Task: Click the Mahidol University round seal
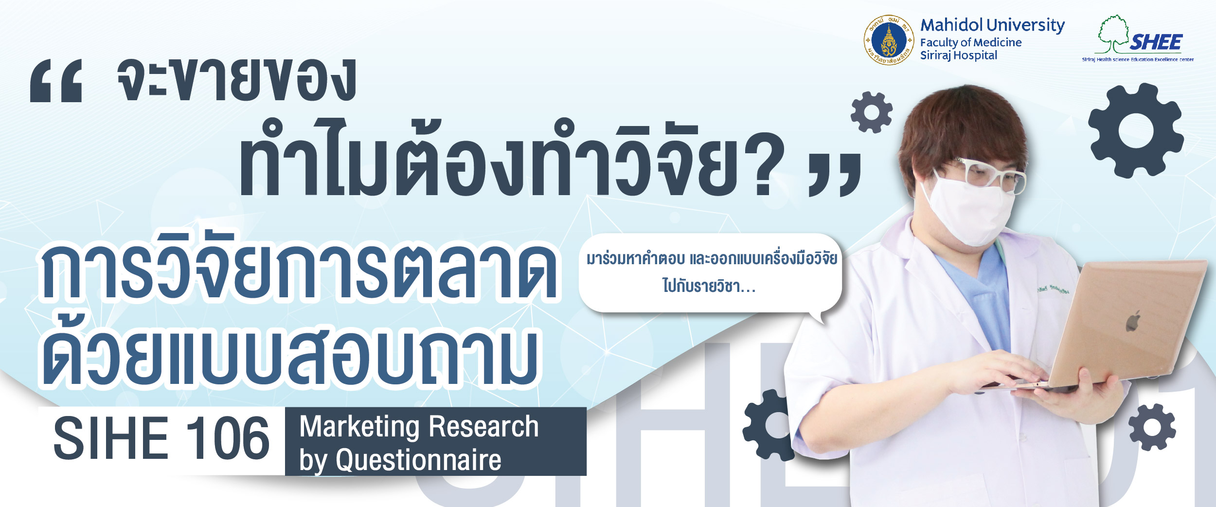tap(888, 40)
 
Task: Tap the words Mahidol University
tap(992, 25)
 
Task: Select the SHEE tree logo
tap(1138, 38)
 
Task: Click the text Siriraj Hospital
tap(958, 56)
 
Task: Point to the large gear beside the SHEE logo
tap(1136, 130)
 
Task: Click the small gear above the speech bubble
tap(872, 112)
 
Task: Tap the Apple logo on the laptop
tap(1133, 323)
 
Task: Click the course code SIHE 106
tap(161, 438)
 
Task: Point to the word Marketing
tap(359, 427)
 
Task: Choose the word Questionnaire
tap(418, 460)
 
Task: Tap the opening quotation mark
tap(56, 81)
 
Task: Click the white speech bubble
tap(710, 273)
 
